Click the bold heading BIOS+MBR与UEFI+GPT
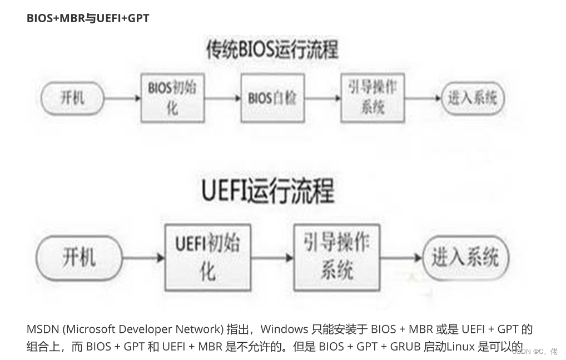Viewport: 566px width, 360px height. (x=88, y=18)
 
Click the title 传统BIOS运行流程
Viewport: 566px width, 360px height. (x=272, y=50)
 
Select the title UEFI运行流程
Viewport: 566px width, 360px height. (x=267, y=191)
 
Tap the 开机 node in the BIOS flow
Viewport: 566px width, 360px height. (x=73, y=98)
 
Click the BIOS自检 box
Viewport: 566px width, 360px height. (x=272, y=98)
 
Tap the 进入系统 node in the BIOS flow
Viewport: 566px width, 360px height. (x=472, y=98)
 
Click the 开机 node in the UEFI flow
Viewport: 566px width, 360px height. (x=79, y=257)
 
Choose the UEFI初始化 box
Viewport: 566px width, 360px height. (x=207, y=257)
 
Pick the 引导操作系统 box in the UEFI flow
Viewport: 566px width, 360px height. (x=336, y=257)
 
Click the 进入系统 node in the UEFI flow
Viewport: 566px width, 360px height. (x=465, y=257)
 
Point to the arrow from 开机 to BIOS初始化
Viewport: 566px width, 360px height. (x=122, y=98)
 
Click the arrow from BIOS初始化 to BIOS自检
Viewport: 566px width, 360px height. (x=222, y=98)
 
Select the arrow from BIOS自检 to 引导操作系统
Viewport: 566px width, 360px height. (x=322, y=98)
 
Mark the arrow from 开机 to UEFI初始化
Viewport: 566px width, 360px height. (x=143, y=257)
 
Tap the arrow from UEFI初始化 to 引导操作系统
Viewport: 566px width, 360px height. (x=272, y=257)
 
